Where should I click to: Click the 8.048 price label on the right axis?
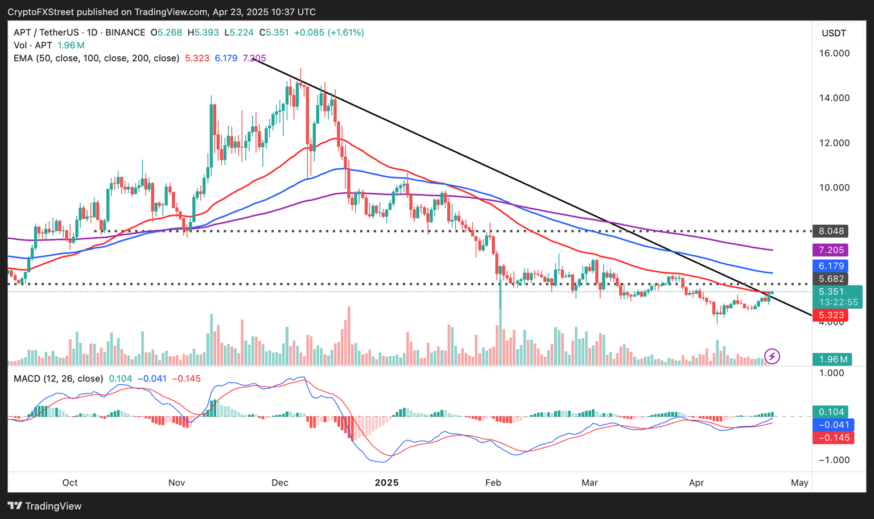[x=831, y=231]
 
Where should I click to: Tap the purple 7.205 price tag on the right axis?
[x=831, y=250]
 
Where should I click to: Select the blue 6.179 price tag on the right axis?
[x=831, y=266]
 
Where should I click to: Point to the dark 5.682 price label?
[x=831, y=279]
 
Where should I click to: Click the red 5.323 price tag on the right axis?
[x=831, y=315]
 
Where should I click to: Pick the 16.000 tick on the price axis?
[x=834, y=53]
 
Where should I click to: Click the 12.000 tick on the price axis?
[x=834, y=143]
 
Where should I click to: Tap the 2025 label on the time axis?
[x=387, y=483]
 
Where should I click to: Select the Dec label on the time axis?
[x=280, y=483]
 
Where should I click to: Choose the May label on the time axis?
[x=799, y=483]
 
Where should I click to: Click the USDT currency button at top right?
[x=834, y=33]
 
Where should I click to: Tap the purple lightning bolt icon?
[x=772, y=356]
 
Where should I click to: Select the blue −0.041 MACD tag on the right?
[x=833, y=425]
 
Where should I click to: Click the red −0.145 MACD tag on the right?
[x=833, y=438]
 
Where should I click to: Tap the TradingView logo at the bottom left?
[x=45, y=506]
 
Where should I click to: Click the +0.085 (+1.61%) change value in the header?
[x=329, y=32]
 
